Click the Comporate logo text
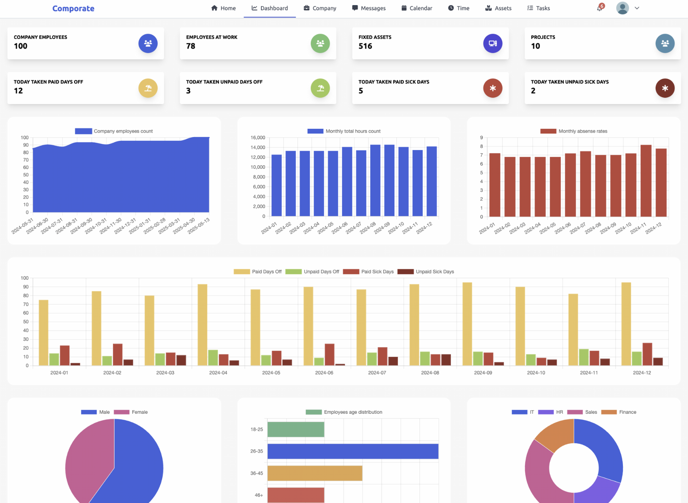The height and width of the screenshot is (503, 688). tap(73, 8)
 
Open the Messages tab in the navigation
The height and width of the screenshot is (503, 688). tap(369, 8)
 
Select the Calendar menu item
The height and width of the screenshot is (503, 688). tap(417, 8)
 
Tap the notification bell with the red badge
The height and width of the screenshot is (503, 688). tap(599, 8)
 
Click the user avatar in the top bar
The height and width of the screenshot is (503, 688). tap(622, 8)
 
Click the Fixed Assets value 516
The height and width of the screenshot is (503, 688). tap(365, 46)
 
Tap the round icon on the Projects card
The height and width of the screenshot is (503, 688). tap(665, 43)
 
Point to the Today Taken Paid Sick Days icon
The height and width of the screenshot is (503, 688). tap(492, 88)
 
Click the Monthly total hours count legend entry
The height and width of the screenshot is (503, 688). tap(344, 131)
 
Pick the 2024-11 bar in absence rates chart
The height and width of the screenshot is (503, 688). tap(646, 181)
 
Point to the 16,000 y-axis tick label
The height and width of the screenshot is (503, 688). tap(258, 138)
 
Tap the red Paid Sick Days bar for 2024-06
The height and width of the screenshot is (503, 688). tap(329, 354)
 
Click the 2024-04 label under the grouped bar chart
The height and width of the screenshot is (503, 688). tap(218, 373)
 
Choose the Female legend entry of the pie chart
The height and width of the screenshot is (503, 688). tap(131, 412)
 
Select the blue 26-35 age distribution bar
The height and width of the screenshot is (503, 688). tap(353, 451)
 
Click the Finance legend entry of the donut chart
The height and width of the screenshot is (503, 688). tap(619, 412)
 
